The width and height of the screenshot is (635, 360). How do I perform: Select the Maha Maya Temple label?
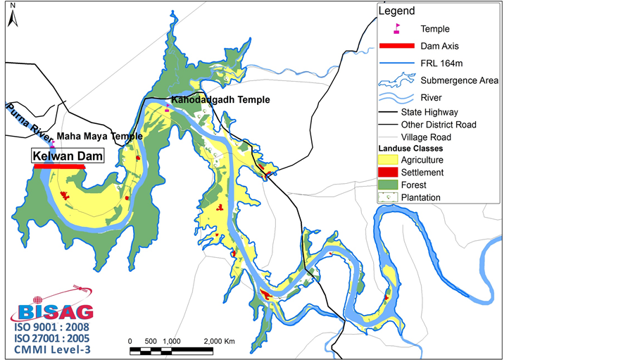click(99, 136)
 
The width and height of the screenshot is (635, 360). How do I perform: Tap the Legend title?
click(396, 11)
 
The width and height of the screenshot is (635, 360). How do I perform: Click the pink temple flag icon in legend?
click(397, 29)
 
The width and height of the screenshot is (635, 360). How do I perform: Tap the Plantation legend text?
click(420, 198)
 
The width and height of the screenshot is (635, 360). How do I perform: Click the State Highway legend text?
click(429, 112)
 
